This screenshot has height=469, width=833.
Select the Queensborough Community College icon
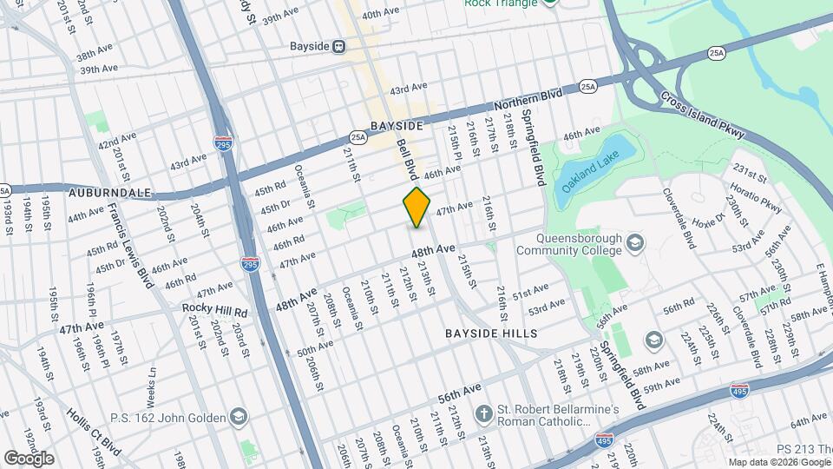tap(635, 241)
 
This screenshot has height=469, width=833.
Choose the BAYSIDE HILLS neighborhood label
tap(491, 334)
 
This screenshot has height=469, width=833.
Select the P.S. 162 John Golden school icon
tap(237, 417)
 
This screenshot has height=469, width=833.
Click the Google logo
tap(29, 458)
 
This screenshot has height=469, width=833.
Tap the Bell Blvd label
tap(408, 159)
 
